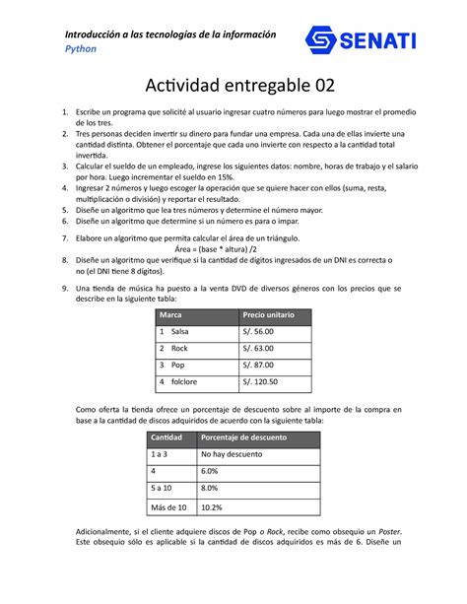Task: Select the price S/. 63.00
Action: pyautogui.click(x=258, y=349)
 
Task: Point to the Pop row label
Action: pyautogui.click(x=177, y=366)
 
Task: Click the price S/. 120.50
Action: pyautogui.click(x=260, y=381)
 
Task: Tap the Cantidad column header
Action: pyautogui.click(x=166, y=437)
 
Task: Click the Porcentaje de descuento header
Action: pyautogui.click(x=245, y=437)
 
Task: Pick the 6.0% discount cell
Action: pyautogui.click(x=212, y=473)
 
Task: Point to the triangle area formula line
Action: pyautogui.click(x=233, y=251)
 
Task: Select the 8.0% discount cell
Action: pyautogui.click(x=212, y=490)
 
